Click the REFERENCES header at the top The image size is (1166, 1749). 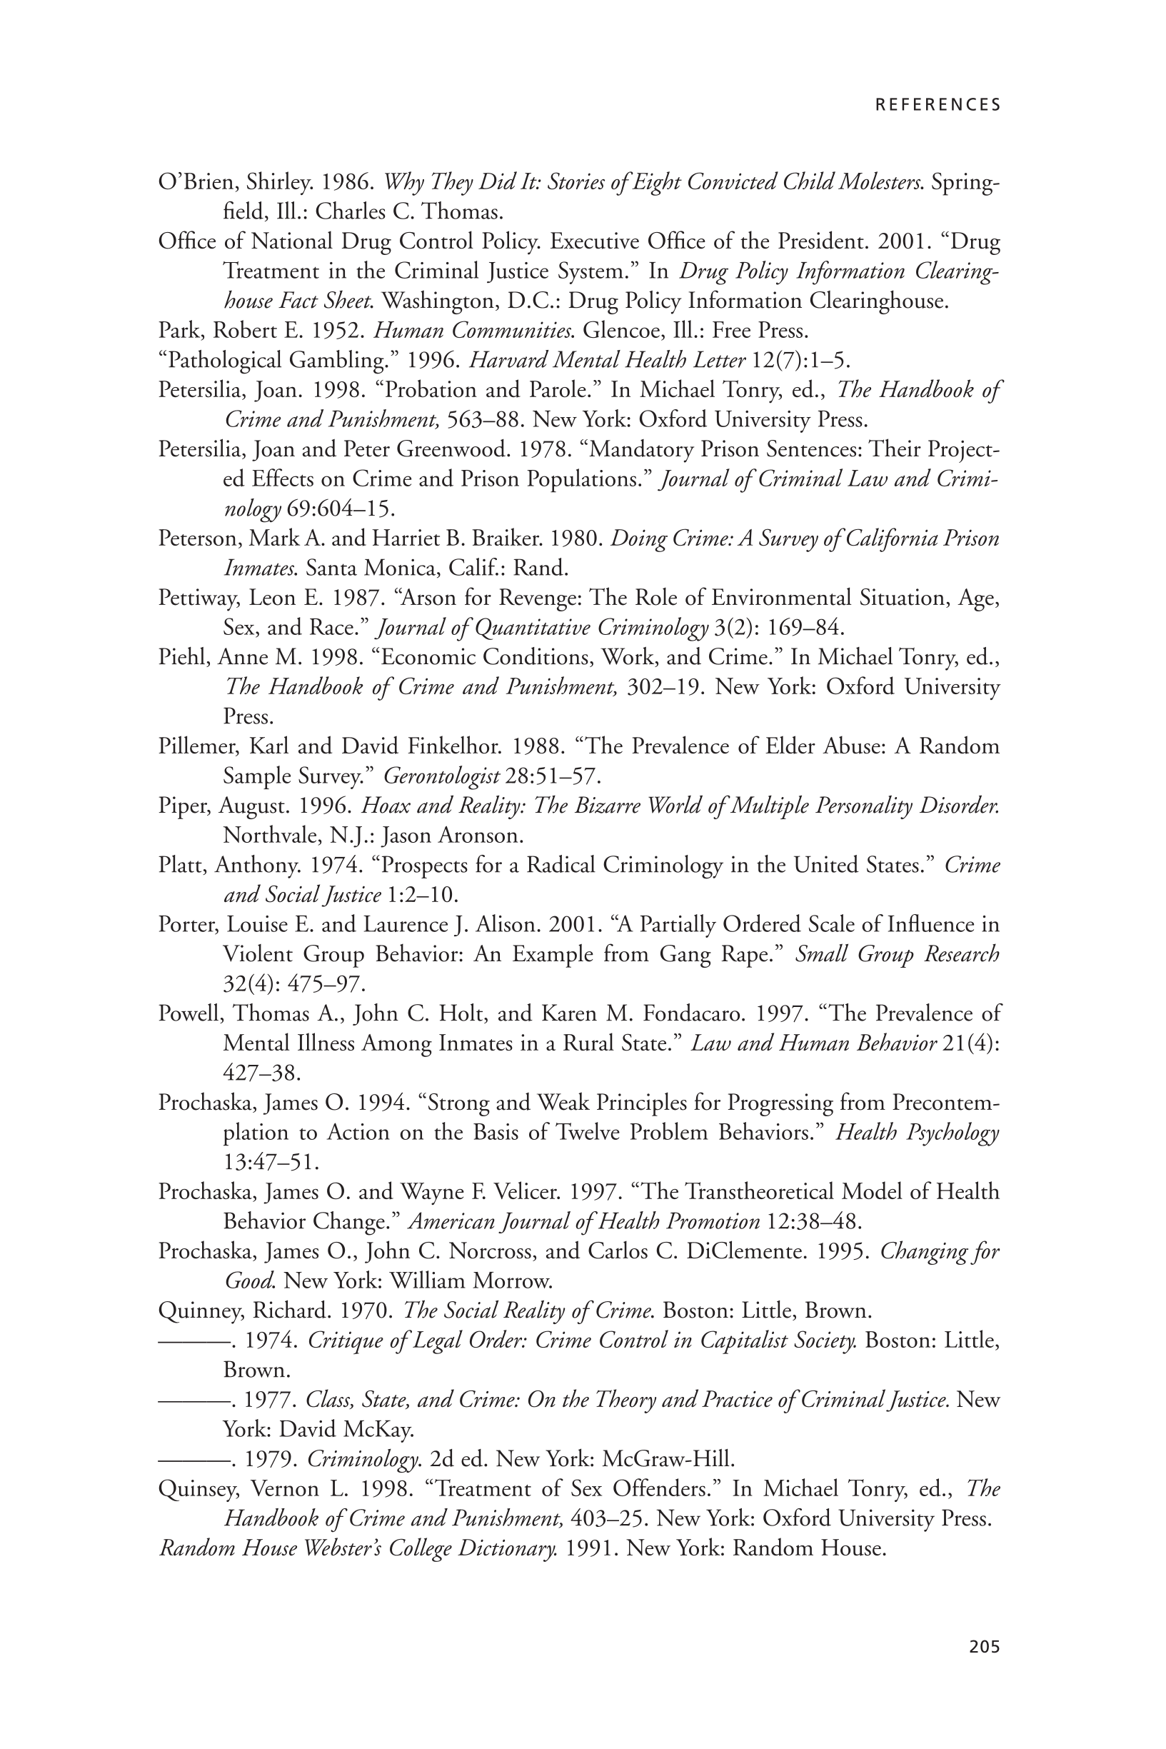click(938, 105)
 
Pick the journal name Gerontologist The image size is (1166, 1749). click(441, 776)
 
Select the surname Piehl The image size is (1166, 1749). click(182, 657)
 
